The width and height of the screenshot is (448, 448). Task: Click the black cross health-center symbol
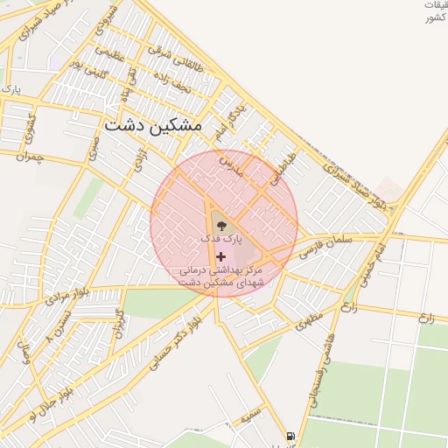220,256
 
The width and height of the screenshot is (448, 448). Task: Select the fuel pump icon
290,436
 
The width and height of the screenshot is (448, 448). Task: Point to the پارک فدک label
219,238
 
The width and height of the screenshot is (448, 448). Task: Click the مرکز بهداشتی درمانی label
220,271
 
